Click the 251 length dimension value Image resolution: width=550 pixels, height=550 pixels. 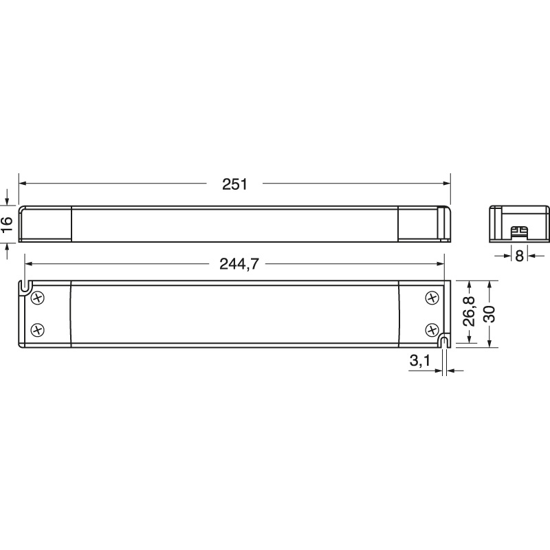click(234, 184)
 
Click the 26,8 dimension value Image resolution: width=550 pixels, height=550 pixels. click(469, 313)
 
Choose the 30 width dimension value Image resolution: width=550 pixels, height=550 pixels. click(489, 313)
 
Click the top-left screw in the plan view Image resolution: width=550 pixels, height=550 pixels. click(38, 297)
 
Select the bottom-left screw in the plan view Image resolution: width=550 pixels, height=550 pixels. click(38, 329)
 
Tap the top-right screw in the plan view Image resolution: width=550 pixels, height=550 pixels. click(432, 297)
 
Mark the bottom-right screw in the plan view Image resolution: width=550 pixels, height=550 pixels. click(432, 329)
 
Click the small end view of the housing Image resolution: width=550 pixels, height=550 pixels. click(519, 223)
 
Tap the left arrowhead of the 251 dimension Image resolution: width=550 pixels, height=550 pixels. click(22, 184)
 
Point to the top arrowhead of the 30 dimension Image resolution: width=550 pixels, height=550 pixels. click(489, 283)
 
